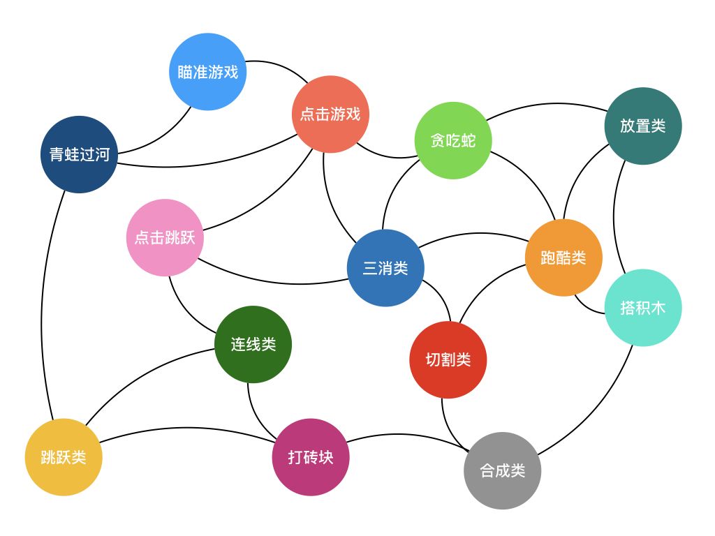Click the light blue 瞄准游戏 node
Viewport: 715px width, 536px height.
pyautogui.click(x=208, y=72)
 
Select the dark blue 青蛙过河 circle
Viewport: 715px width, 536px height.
pyautogui.click(x=79, y=154)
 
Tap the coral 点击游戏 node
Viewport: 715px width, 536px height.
pyautogui.click(x=330, y=114)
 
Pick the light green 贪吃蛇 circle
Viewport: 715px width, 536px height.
pyautogui.click(x=453, y=140)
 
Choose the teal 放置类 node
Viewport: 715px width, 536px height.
pyautogui.click(x=642, y=126)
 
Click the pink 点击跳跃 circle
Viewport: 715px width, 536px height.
pyautogui.click(x=165, y=237)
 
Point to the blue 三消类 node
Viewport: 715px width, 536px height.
pyautogui.click(x=385, y=268)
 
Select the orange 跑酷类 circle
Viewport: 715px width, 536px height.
pyautogui.click(x=563, y=258)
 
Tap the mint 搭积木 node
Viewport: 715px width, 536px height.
pyautogui.click(x=642, y=307)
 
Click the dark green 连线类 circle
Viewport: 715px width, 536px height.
pyautogui.click(x=253, y=344)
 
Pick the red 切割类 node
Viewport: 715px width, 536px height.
pyautogui.click(x=448, y=360)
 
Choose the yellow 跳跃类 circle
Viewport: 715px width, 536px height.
pyautogui.click(x=64, y=457)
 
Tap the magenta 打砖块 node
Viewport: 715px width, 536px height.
pyautogui.click(x=311, y=457)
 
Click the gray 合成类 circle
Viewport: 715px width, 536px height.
pyautogui.click(x=502, y=470)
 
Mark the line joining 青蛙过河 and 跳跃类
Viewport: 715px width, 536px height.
pyautogui.click(x=43, y=307)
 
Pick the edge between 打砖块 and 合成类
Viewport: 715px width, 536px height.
pyautogui.click(x=405, y=435)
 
